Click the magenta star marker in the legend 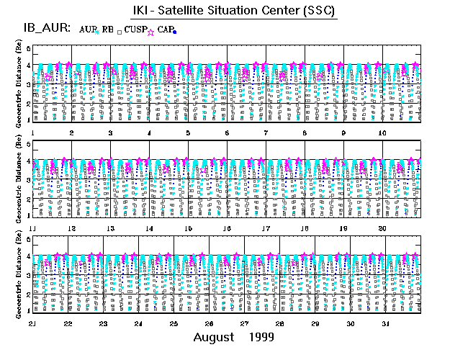click(150, 31)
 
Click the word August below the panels click(214, 337)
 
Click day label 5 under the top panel click(188, 133)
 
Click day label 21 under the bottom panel click(32, 323)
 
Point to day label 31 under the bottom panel click(387, 323)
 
